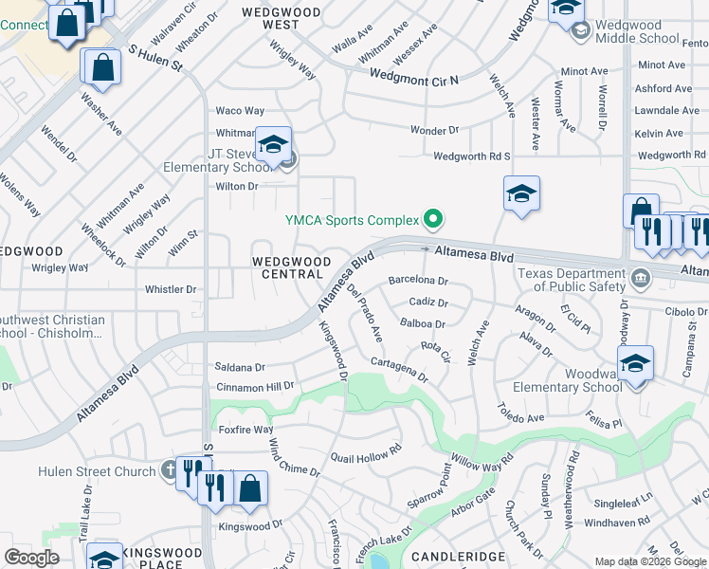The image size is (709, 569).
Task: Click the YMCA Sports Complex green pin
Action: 433,220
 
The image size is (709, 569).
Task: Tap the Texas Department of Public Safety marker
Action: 640,279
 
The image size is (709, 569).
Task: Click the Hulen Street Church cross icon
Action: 168,469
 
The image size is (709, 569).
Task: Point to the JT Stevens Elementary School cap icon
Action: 273,145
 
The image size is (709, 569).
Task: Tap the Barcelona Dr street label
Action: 417,281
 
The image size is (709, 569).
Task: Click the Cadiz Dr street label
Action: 427,302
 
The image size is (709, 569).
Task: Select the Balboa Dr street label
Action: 423,323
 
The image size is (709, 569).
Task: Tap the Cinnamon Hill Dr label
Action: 255,386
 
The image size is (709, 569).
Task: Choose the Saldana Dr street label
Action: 240,366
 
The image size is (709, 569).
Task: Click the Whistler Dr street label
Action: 170,289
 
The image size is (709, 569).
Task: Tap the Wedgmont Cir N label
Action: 413,77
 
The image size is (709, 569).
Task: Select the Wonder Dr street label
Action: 434,129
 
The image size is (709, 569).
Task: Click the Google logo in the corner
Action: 31,558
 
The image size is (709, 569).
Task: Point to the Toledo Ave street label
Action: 521,413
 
